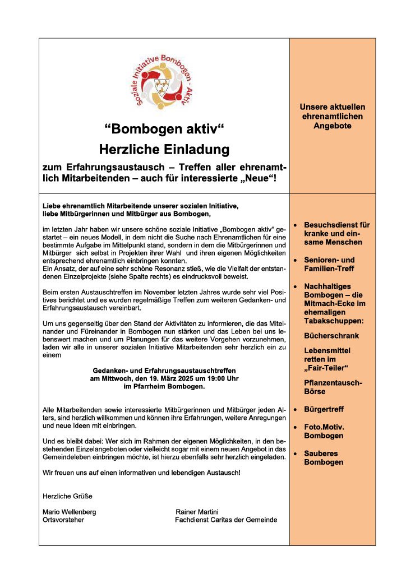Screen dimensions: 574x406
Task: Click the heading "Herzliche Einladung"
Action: [164, 150]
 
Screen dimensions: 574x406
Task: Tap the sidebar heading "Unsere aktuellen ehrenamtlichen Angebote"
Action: [332, 117]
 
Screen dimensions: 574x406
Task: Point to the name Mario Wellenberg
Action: [70, 512]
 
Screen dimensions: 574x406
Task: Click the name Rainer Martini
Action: [197, 512]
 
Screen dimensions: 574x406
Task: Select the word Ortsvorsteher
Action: [63, 520]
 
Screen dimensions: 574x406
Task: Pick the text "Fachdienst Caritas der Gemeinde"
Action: [226, 520]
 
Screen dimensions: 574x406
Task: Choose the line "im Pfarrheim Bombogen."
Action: [164, 387]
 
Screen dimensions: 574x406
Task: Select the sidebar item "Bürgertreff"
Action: [324, 410]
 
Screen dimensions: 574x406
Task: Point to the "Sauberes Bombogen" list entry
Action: [324, 457]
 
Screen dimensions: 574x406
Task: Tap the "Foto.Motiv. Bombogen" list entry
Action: [324, 431]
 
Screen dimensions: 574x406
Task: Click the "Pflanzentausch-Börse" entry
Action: [333, 387]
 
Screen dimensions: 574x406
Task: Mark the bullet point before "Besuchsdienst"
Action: [296, 225]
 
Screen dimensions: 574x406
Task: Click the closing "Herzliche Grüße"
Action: [67, 496]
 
